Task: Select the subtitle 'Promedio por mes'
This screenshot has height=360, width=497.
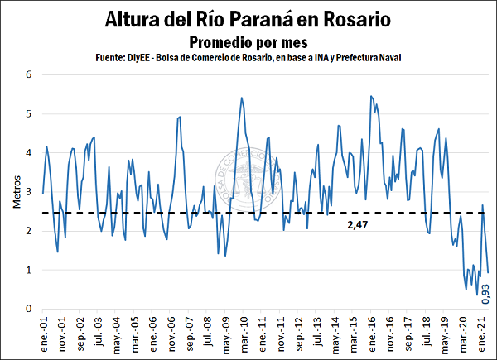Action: click(248, 41)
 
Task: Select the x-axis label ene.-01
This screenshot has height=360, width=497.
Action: click(43, 335)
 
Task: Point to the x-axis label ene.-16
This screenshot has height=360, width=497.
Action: click(369, 335)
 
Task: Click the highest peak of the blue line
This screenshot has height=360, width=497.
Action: click(370, 96)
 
